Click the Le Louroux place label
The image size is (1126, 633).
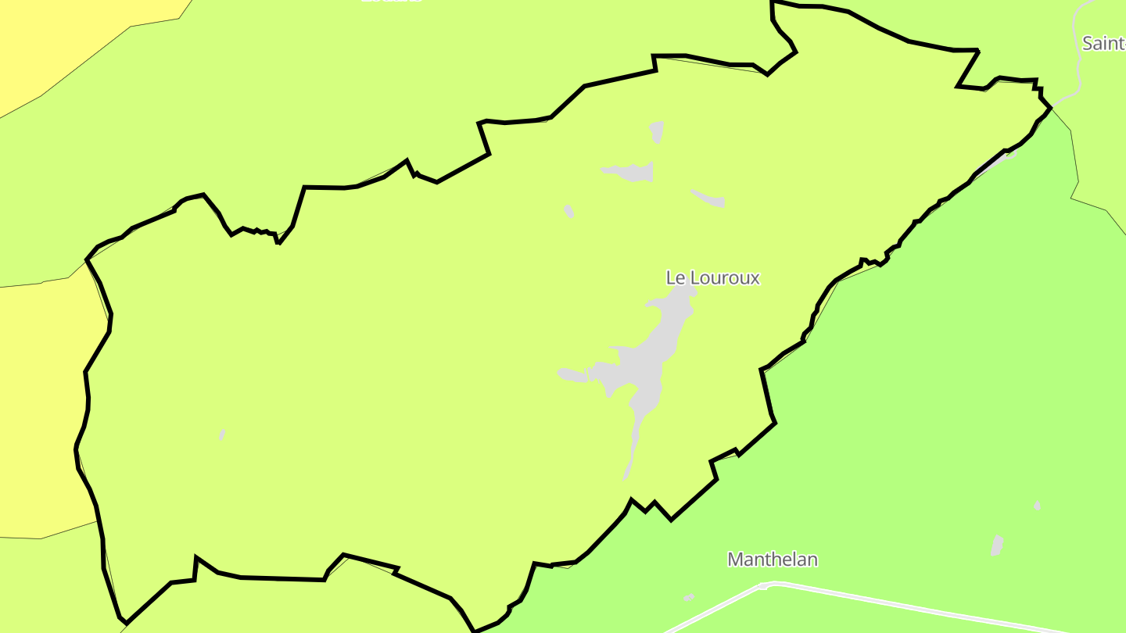(712, 277)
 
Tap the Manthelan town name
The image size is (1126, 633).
(773, 560)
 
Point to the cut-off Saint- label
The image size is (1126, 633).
(1103, 43)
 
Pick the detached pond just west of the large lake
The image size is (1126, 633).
(572, 375)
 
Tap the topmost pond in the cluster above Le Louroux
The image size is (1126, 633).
(657, 131)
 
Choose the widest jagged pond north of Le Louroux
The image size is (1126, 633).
(630, 171)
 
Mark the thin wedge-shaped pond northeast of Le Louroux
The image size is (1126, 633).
(709, 198)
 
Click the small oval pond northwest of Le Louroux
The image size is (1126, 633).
(568, 211)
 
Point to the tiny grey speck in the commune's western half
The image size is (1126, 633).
(222, 435)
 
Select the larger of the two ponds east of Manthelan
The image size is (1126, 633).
(997, 545)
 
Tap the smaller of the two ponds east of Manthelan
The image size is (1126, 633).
(1037, 506)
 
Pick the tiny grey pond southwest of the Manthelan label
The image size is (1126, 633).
(688, 598)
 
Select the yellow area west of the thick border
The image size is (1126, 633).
(39, 406)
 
